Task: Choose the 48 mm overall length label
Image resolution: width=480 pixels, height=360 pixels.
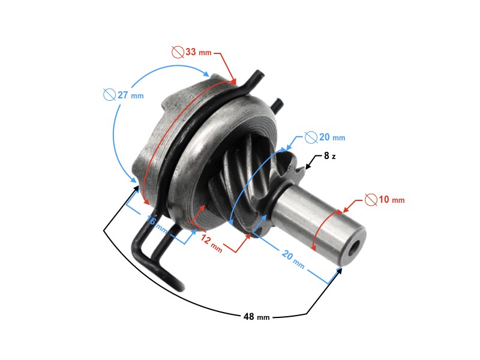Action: (256, 316)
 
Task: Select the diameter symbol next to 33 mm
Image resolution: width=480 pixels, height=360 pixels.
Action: (177, 53)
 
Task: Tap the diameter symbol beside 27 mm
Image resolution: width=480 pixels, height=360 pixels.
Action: (109, 95)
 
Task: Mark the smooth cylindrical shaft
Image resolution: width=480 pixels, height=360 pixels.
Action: (318, 222)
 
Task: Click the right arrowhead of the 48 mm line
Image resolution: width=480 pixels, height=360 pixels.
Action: (340, 271)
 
